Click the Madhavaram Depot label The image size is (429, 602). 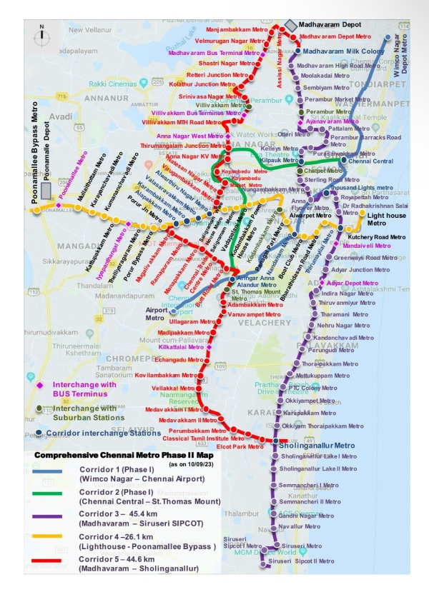(330, 24)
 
